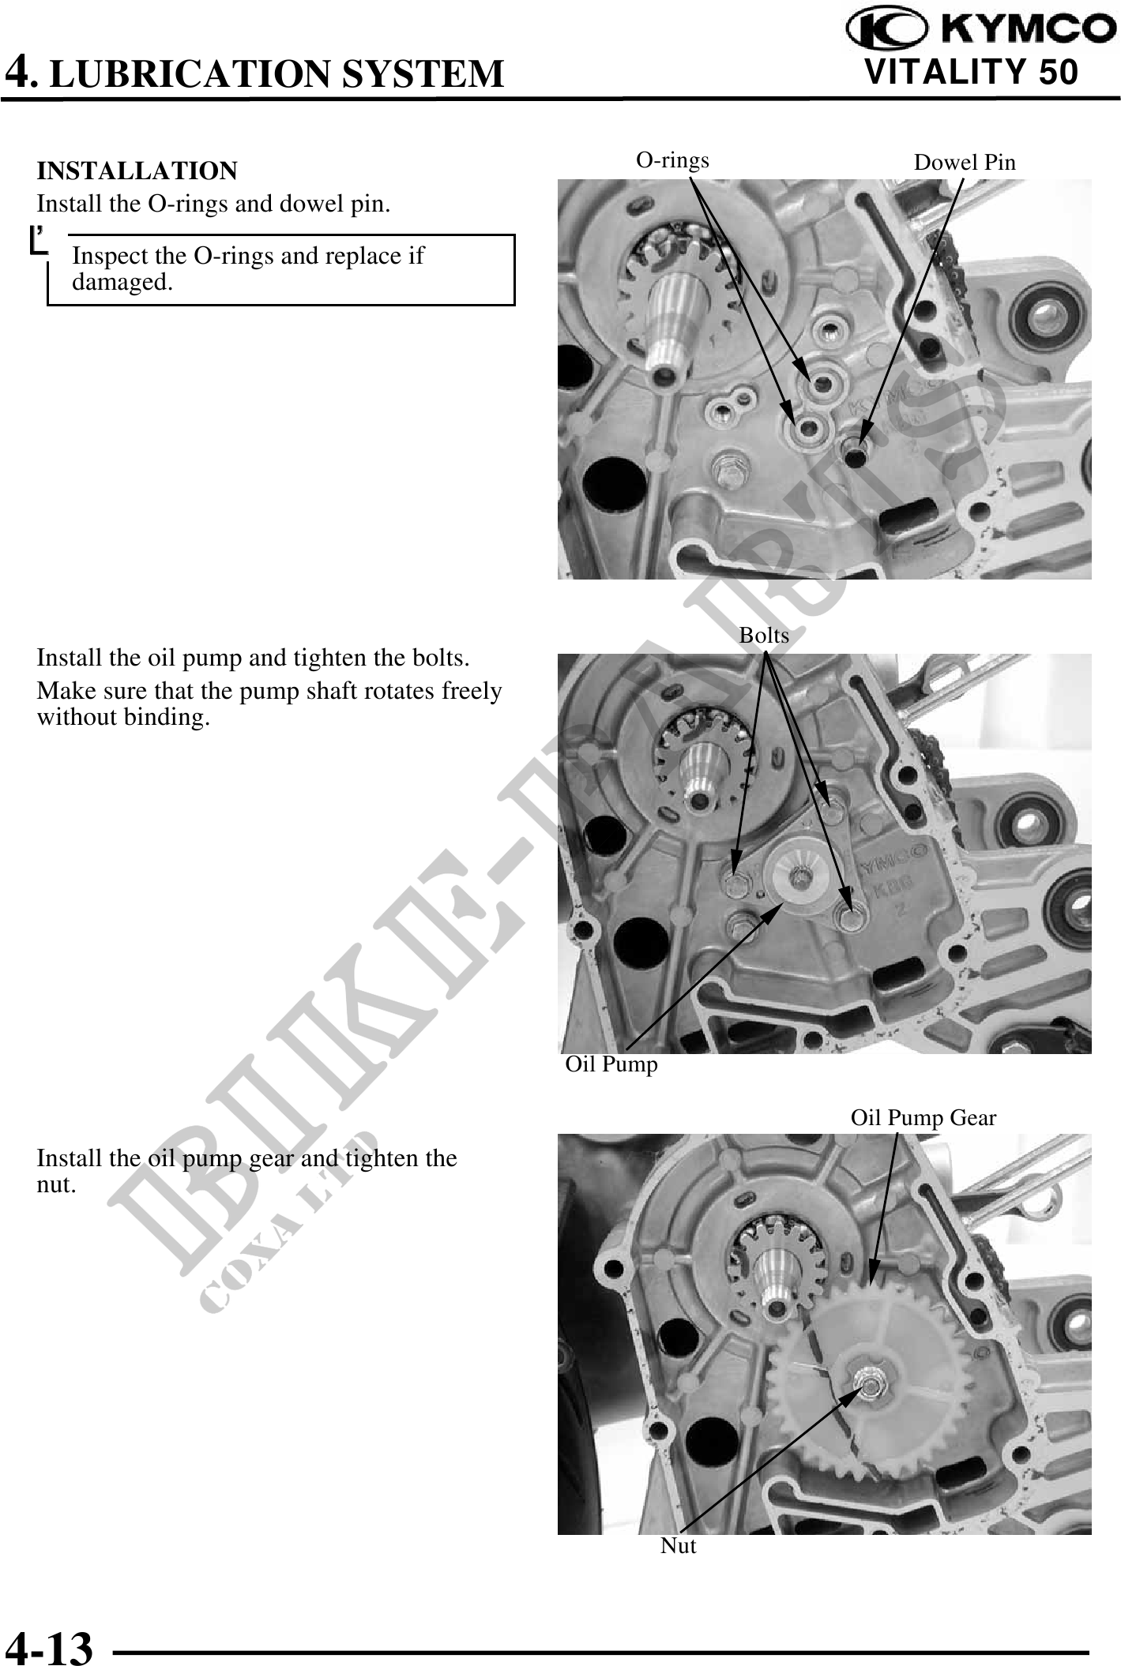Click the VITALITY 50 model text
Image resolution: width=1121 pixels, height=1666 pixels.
click(x=972, y=72)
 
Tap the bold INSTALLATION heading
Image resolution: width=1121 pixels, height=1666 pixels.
click(x=137, y=171)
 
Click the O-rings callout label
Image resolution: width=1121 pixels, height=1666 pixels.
click(x=673, y=160)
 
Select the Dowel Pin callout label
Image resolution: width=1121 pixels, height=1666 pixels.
click(x=965, y=163)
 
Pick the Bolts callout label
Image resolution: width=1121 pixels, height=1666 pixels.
click(x=764, y=635)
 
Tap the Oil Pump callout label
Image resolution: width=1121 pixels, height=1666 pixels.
click(x=611, y=1064)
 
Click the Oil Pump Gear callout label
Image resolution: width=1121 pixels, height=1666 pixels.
click(x=924, y=1117)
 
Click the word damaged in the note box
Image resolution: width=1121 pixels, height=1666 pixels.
click(x=122, y=282)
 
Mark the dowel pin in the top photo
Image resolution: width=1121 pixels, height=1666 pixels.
click(x=856, y=453)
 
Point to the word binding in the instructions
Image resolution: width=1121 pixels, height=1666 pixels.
click(x=168, y=718)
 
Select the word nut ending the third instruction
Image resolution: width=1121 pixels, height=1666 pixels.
click(x=57, y=1185)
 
